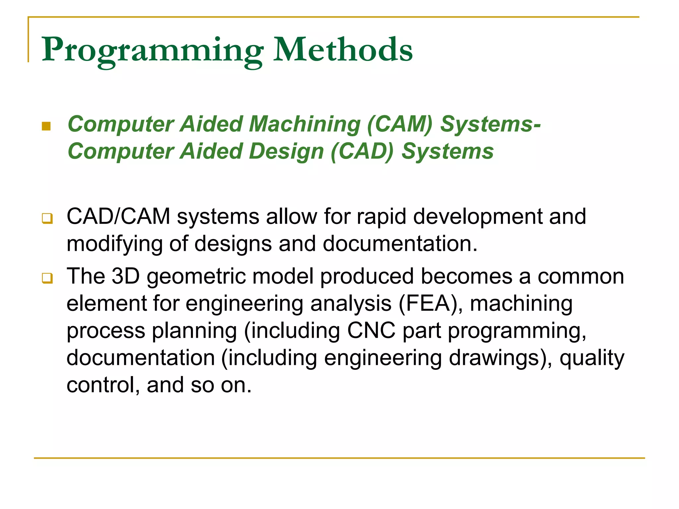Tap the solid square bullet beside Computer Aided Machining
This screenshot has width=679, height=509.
pyautogui.click(x=46, y=126)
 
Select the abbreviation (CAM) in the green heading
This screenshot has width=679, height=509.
pyautogui.click(x=400, y=124)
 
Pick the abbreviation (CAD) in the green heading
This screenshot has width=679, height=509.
pyautogui.click(x=362, y=151)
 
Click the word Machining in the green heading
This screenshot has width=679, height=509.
pyautogui.click(x=304, y=124)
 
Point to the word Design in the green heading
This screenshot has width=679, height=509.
pyautogui.click(x=286, y=151)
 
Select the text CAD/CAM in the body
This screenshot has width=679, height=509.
pyautogui.click(x=118, y=216)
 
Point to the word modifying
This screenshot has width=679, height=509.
pyautogui.click(x=114, y=244)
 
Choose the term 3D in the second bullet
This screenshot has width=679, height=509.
pyautogui.click(x=126, y=276)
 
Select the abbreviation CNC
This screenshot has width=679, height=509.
pyautogui.click(x=371, y=331)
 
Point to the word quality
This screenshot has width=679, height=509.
pyautogui.click(x=592, y=358)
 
